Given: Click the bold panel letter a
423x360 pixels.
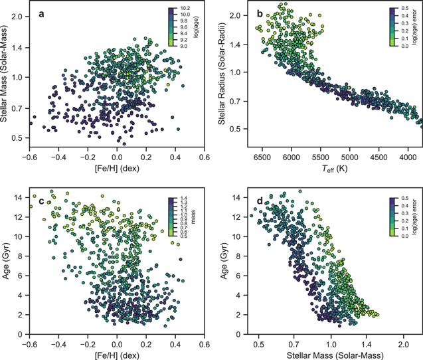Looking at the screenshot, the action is point(41,14).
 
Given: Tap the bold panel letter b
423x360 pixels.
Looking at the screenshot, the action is point(260,13).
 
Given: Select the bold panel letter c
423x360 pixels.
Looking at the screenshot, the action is point(41,201).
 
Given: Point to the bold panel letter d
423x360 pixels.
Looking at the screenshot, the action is point(260,201).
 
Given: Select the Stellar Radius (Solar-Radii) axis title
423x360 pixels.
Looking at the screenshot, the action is point(222,74).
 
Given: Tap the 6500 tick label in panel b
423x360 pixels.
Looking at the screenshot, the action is point(262,157).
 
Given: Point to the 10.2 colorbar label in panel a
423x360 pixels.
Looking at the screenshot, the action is point(185,9).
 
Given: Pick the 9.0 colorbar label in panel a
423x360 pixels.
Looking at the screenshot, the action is point(184,46).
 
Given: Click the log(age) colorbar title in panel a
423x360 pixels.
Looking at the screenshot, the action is point(196,27).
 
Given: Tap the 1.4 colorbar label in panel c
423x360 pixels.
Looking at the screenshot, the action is point(184,198).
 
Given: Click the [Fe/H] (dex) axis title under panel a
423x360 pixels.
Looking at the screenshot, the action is point(117,169).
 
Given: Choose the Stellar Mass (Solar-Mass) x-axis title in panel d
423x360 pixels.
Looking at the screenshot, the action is point(335,355).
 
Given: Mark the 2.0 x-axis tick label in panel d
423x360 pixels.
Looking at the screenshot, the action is point(403,345).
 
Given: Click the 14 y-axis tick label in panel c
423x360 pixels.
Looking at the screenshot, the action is point(21,198).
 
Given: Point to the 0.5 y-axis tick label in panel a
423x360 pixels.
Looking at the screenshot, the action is point(18,138).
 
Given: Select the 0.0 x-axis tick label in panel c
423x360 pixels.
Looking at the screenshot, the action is point(117,345).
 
